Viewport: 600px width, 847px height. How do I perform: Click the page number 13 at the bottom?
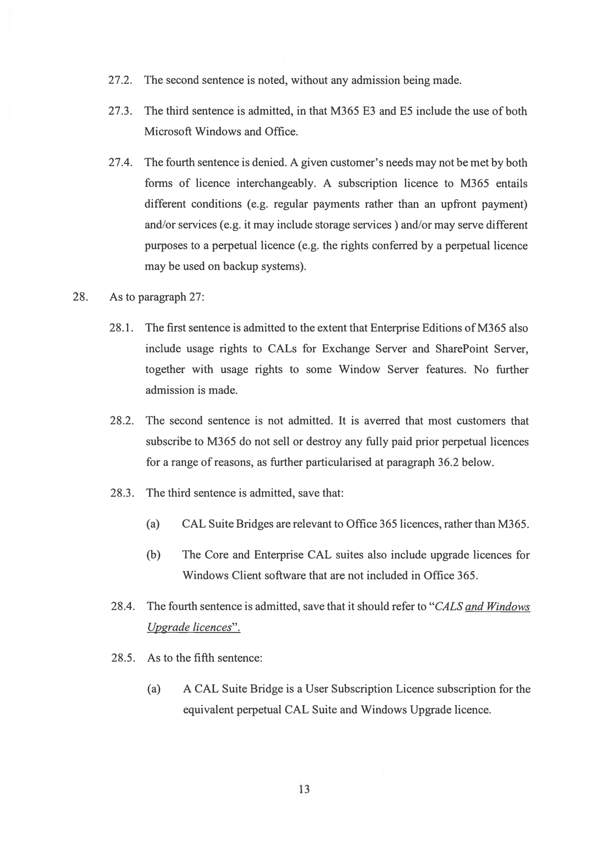304,789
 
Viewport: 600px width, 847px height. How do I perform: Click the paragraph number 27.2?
120,80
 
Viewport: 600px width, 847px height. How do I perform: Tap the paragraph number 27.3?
120,111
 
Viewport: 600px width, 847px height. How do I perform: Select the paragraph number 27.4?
120,163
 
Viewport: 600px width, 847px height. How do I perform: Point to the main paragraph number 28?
80,297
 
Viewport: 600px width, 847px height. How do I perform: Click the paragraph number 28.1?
121,328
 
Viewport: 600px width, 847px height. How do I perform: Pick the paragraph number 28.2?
121,421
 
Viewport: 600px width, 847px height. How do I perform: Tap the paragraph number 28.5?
123,658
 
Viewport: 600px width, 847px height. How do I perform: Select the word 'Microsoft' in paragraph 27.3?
168,132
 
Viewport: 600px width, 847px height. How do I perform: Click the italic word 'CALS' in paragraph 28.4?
449,607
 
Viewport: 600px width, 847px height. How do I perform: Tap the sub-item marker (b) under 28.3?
153,555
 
